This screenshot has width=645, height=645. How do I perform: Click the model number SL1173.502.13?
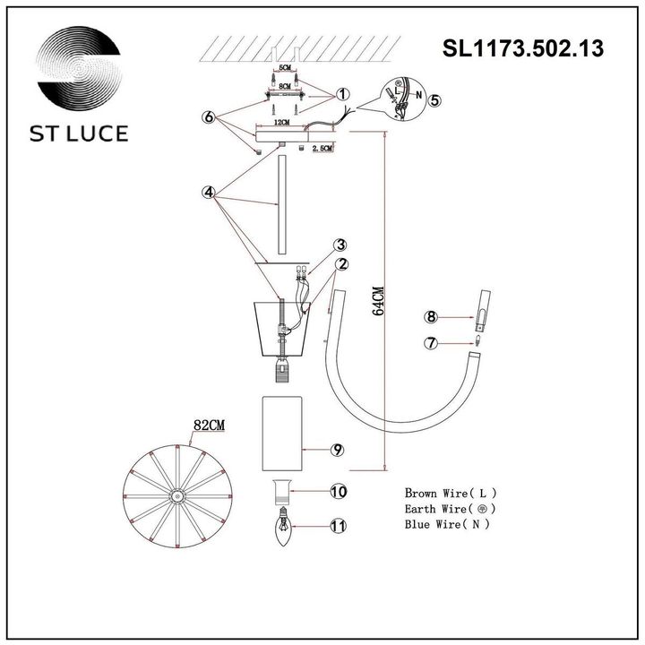(523, 48)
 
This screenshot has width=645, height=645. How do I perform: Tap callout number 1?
(343, 94)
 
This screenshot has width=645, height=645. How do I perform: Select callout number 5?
(434, 100)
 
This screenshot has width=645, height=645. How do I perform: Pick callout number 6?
(209, 117)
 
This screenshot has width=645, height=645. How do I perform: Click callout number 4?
(208, 192)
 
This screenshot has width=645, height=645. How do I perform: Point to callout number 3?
(341, 245)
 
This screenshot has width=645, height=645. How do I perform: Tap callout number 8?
(431, 316)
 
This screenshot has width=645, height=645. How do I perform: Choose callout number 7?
(431, 342)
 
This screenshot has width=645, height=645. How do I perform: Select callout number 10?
(337, 492)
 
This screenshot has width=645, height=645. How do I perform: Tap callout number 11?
(337, 527)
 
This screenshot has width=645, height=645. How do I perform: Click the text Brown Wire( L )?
(451, 493)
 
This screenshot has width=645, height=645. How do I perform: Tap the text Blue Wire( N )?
(447, 524)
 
